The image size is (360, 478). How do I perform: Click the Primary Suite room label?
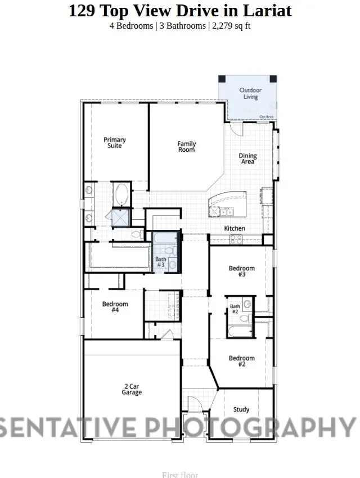click(115, 143)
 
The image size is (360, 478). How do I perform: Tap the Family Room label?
click(187, 147)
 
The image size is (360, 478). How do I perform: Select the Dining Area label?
click(247, 159)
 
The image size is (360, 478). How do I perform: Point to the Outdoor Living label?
click(250, 93)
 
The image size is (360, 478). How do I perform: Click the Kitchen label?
click(235, 228)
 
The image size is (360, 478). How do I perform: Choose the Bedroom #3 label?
click(242, 271)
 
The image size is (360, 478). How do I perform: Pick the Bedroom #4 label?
click(115, 307)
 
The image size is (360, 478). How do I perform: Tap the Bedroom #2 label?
click(242, 361)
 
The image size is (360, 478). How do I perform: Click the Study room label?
click(241, 410)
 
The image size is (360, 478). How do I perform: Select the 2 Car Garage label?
click(132, 389)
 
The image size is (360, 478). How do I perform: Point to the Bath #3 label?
click(160, 261)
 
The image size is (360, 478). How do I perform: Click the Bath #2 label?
click(235, 309)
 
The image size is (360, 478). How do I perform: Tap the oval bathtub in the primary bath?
click(120, 195)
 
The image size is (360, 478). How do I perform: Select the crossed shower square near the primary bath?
click(120, 217)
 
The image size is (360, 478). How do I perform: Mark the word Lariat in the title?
click(272, 10)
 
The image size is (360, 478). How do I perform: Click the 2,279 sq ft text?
click(230, 26)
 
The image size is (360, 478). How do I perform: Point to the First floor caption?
click(180, 475)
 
